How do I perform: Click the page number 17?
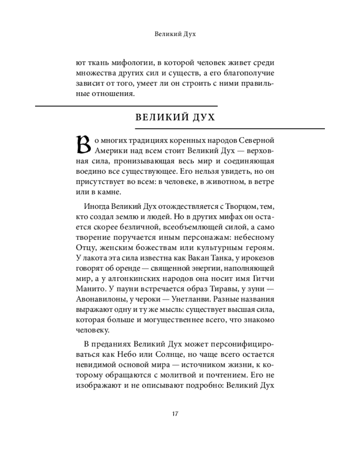click(176, 414)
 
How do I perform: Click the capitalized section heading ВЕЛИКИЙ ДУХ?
click(176, 118)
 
